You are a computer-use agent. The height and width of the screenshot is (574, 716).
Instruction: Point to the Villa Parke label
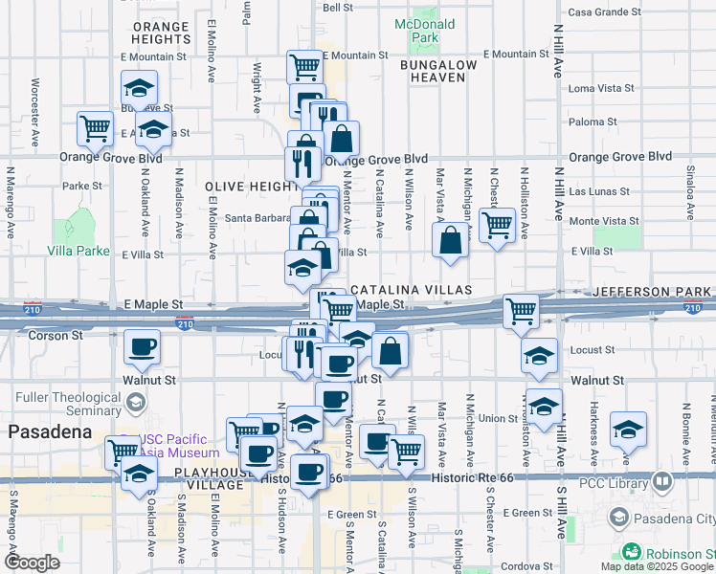point(78,251)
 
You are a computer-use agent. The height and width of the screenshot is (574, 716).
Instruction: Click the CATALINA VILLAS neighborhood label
point(412,289)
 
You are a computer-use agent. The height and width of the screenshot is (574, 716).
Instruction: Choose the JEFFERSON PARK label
point(653,290)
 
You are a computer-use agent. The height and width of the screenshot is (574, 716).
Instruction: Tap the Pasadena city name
point(49,431)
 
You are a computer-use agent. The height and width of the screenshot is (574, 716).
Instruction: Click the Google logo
point(32,563)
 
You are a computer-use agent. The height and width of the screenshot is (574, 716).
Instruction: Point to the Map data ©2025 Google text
point(658,565)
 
